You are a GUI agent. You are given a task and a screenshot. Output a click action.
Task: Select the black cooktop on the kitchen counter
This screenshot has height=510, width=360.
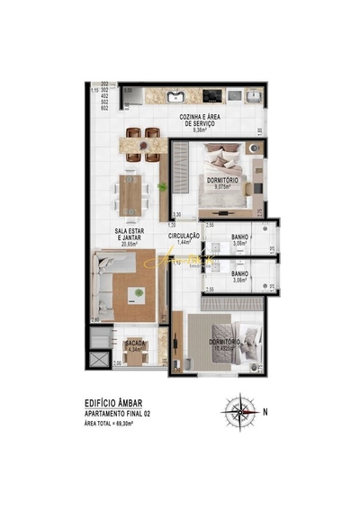(x=212, y=94)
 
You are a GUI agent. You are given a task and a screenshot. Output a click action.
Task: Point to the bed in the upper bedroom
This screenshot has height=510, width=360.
(x=221, y=170)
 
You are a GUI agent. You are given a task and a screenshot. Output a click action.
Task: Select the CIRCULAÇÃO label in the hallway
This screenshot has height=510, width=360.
(x=184, y=238)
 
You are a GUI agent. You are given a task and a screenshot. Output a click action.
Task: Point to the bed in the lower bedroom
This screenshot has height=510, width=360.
(x=221, y=340)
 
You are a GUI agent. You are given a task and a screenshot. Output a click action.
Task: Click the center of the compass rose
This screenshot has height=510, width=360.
(x=238, y=413)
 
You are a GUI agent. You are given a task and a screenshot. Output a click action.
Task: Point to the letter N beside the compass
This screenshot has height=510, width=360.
(x=265, y=413)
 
